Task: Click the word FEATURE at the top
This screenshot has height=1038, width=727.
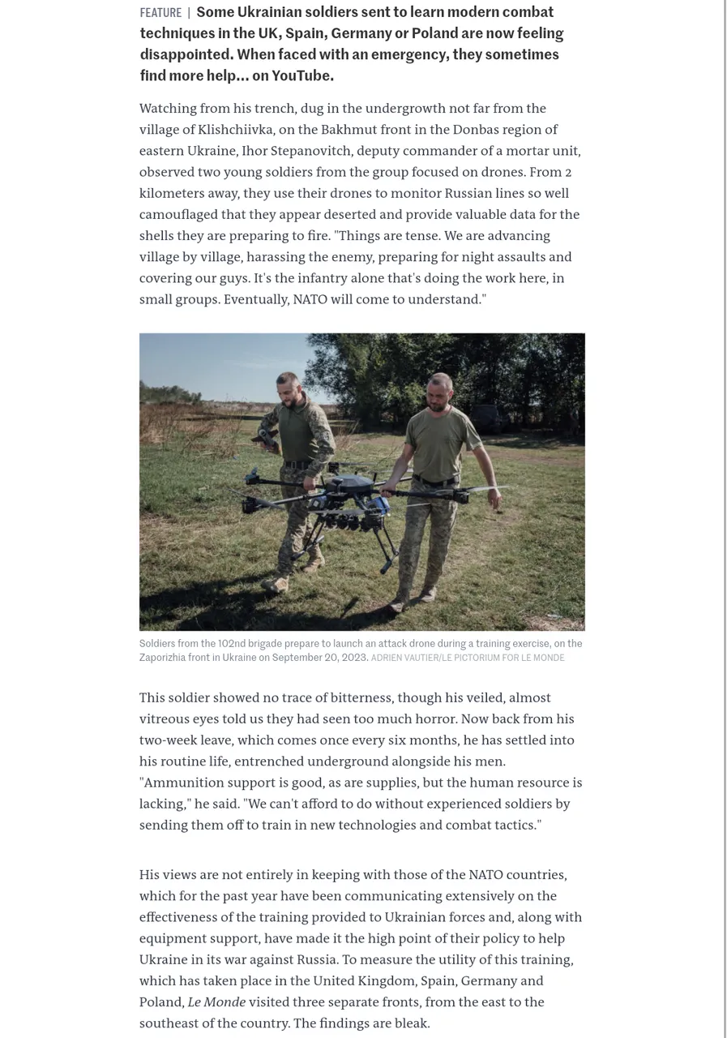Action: coord(160,13)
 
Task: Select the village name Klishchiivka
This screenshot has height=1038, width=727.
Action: coord(235,130)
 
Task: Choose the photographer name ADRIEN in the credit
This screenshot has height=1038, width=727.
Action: coord(387,658)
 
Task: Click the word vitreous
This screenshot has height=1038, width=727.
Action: coord(166,719)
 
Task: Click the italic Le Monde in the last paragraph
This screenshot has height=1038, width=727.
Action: coord(216,1002)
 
